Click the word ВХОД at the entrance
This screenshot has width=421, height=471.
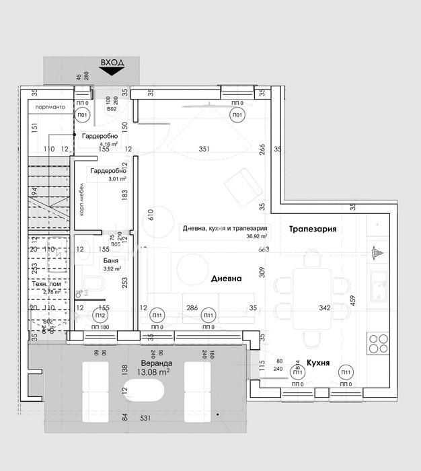click(112, 62)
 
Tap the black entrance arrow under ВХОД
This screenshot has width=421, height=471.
click(112, 70)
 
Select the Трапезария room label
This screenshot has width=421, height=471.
click(313, 229)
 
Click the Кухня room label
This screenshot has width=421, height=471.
click(317, 362)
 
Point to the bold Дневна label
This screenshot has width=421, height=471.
click(226, 278)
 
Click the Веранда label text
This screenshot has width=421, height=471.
click(153, 361)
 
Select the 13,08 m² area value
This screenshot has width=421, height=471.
click(153, 371)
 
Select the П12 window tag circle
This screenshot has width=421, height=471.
click(100, 316)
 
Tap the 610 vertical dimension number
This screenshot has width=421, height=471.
click(151, 214)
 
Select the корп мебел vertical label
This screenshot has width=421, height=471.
click(81, 199)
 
